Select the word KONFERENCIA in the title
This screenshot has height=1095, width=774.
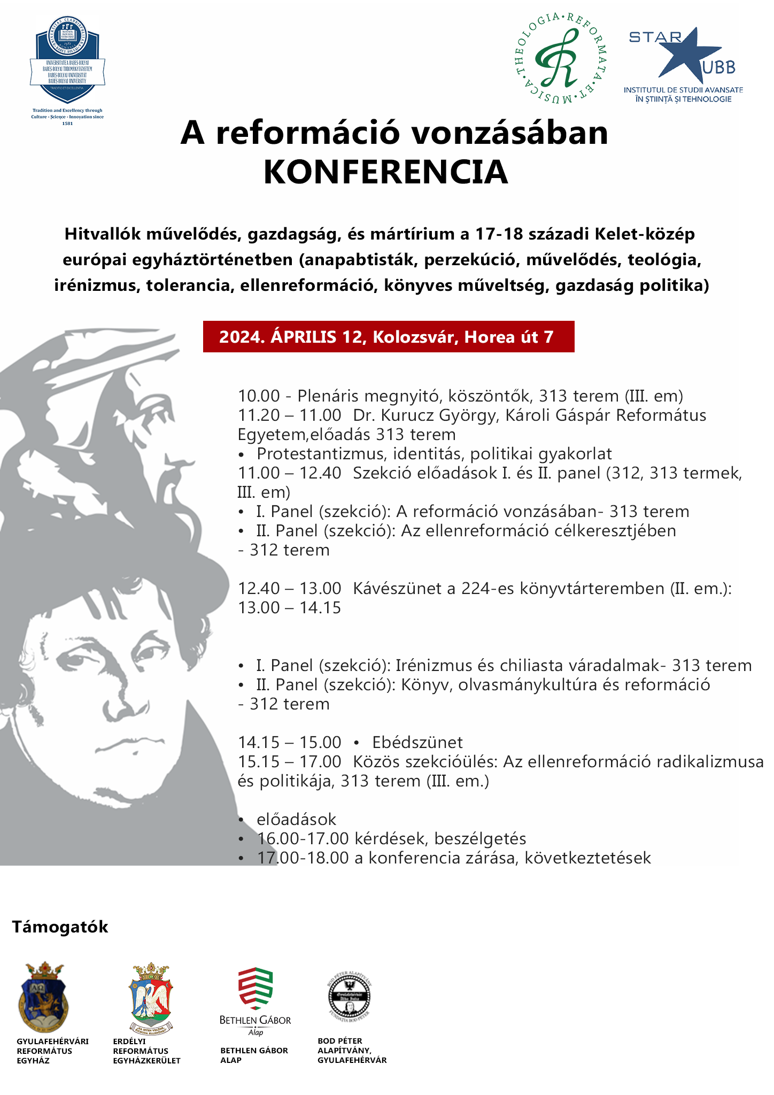[385, 172]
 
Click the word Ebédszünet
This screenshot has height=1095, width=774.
[417, 742]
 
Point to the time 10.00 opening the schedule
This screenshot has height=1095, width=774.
[259, 396]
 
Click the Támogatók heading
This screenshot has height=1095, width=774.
[60, 927]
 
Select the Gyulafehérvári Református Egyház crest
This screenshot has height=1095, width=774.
[42, 997]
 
